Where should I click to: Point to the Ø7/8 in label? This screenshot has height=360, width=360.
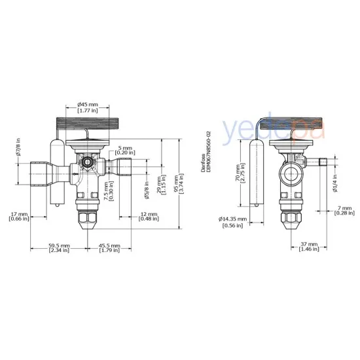click(19, 150)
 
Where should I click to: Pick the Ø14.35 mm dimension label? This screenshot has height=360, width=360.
click(233, 222)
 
